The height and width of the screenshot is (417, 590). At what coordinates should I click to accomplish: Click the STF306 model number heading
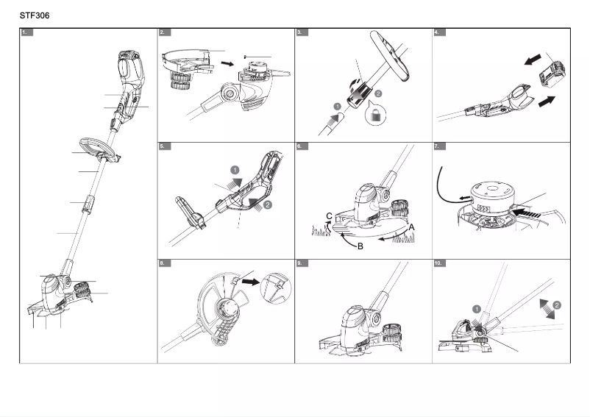35,15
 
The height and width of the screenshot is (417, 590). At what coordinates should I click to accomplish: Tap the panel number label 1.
26,33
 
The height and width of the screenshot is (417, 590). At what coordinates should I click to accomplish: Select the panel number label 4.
439,33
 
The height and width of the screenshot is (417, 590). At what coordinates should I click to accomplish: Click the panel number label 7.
439,146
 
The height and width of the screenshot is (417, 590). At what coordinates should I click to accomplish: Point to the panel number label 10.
441,263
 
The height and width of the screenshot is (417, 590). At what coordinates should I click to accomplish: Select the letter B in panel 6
360,246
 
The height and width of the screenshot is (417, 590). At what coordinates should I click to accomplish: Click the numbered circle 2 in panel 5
267,204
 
